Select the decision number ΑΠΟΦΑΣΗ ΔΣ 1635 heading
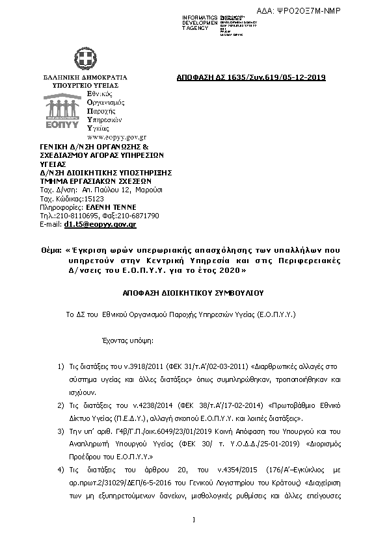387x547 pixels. coord(250,78)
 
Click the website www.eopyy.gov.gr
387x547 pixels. coord(115,138)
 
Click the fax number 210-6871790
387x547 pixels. coord(139,215)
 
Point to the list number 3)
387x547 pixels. coord(60,431)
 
